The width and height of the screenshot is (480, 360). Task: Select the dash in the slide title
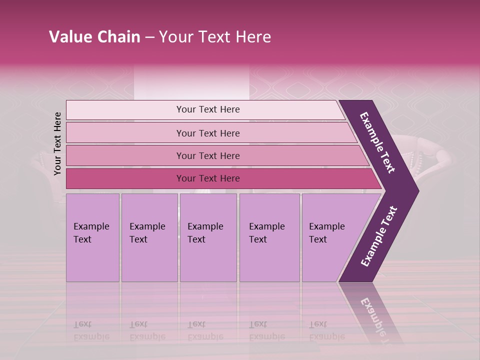[x=149, y=37]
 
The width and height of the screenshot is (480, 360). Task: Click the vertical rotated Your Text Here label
[x=57, y=143]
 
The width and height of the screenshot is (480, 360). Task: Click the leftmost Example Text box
[x=92, y=237]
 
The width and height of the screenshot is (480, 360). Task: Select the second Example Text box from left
[x=149, y=237]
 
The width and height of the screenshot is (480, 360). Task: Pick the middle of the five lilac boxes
[x=208, y=237]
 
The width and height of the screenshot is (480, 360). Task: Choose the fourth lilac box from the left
[x=269, y=237]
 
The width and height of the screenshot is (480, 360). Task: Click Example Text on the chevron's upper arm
[x=377, y=142]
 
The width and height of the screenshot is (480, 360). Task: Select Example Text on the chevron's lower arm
[x=378, y=236]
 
